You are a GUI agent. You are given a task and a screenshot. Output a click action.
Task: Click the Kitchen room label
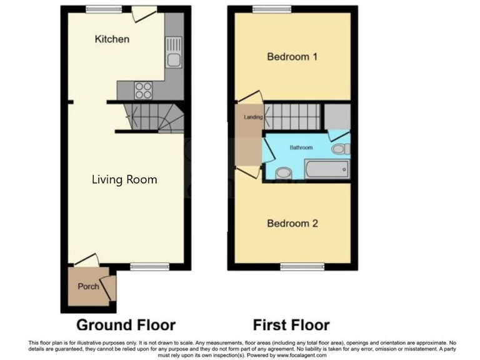click(112, 39)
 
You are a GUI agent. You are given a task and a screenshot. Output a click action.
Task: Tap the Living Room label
click(124, 180)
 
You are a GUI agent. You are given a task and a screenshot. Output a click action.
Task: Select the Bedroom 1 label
click(292, 57)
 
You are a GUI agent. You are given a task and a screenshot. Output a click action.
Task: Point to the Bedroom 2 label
click(292, 223)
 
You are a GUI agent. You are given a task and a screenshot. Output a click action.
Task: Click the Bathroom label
click(301, 147)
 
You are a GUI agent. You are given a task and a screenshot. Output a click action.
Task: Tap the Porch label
click(88, 287)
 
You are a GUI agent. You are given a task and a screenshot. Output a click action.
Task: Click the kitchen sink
click(173, 59)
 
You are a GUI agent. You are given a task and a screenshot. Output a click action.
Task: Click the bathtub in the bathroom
click(327, 169)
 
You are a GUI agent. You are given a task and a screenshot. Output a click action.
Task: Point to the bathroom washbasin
click(283, 172)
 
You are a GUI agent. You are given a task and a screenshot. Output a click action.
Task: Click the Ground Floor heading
click(126, 325)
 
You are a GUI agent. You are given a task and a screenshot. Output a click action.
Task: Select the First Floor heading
click(291, 325)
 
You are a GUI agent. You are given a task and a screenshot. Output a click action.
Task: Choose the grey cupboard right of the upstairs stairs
click(337, 116)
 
